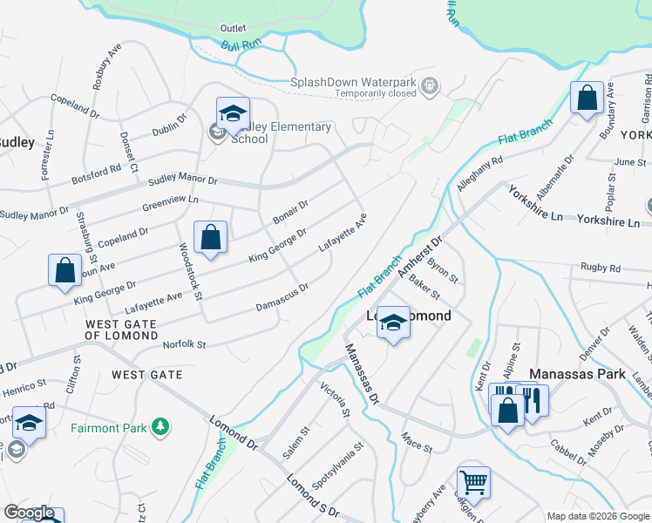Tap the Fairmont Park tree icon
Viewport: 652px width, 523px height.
160,426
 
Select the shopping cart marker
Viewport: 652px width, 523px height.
472,482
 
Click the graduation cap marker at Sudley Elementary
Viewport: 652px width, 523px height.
233,113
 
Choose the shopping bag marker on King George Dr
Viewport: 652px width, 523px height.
210,237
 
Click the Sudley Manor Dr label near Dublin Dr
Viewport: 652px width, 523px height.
182,180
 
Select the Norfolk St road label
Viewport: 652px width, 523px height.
185,345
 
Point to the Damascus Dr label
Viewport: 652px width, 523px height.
282,297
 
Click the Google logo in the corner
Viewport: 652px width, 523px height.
29,513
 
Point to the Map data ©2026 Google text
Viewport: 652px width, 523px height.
597,516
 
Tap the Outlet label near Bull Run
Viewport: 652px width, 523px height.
234,28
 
